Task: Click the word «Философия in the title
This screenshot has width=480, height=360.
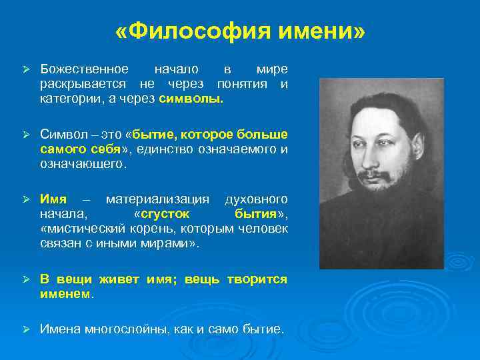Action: coord(189,32)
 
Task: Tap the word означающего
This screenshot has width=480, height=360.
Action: coord(82,163)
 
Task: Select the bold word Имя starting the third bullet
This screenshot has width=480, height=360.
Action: coord(53,199)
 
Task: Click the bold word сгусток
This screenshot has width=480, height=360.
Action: coord(165,214)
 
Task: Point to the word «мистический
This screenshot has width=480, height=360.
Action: coord(79,229)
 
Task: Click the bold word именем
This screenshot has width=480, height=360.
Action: coord(66,293)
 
